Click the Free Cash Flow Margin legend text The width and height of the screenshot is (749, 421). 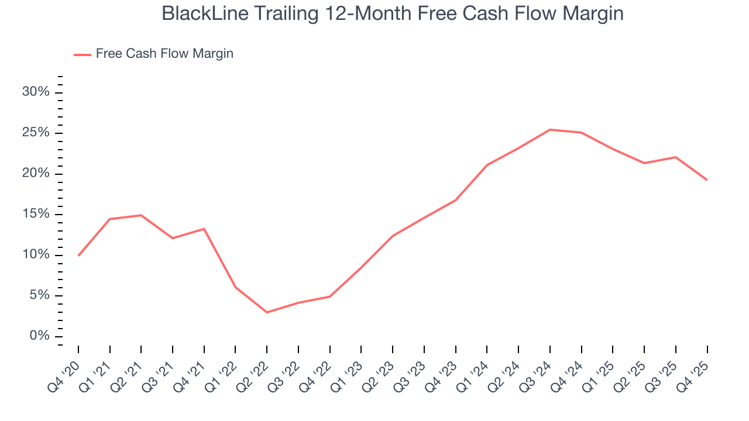(x=164, y=54)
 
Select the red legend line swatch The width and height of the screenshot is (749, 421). (x=83, y=54)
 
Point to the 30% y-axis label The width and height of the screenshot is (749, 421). (x=36, y=92)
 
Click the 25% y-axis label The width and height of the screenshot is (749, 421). (x=36, y=133)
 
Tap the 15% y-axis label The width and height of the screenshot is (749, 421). (x=36, y=215)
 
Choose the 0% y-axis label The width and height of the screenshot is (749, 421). (x=40, y=336)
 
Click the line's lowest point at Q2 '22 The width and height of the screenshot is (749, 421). (x=267, y=312)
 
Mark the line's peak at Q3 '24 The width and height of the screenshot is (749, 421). (x=550, y=130)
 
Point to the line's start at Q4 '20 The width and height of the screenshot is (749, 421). (x=78, y=256)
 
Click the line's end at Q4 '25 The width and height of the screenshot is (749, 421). (x=707, y=180)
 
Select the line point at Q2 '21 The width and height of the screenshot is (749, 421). (x=141, y=215)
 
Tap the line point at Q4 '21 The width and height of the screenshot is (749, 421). (x=204, y=229)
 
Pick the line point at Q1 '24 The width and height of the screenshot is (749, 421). (x=487, y=165)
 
